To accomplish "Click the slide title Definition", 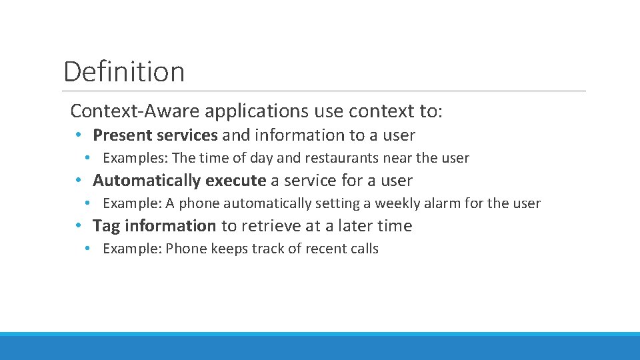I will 124,71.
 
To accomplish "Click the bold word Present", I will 122,135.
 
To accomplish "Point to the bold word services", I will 187,135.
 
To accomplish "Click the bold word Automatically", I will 147,181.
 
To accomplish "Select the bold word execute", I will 235,181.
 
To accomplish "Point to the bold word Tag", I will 106,226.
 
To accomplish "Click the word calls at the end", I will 363,249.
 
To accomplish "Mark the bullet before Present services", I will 79,135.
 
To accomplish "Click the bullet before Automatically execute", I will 79,181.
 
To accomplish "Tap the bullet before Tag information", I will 79,226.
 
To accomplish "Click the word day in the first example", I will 261,158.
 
